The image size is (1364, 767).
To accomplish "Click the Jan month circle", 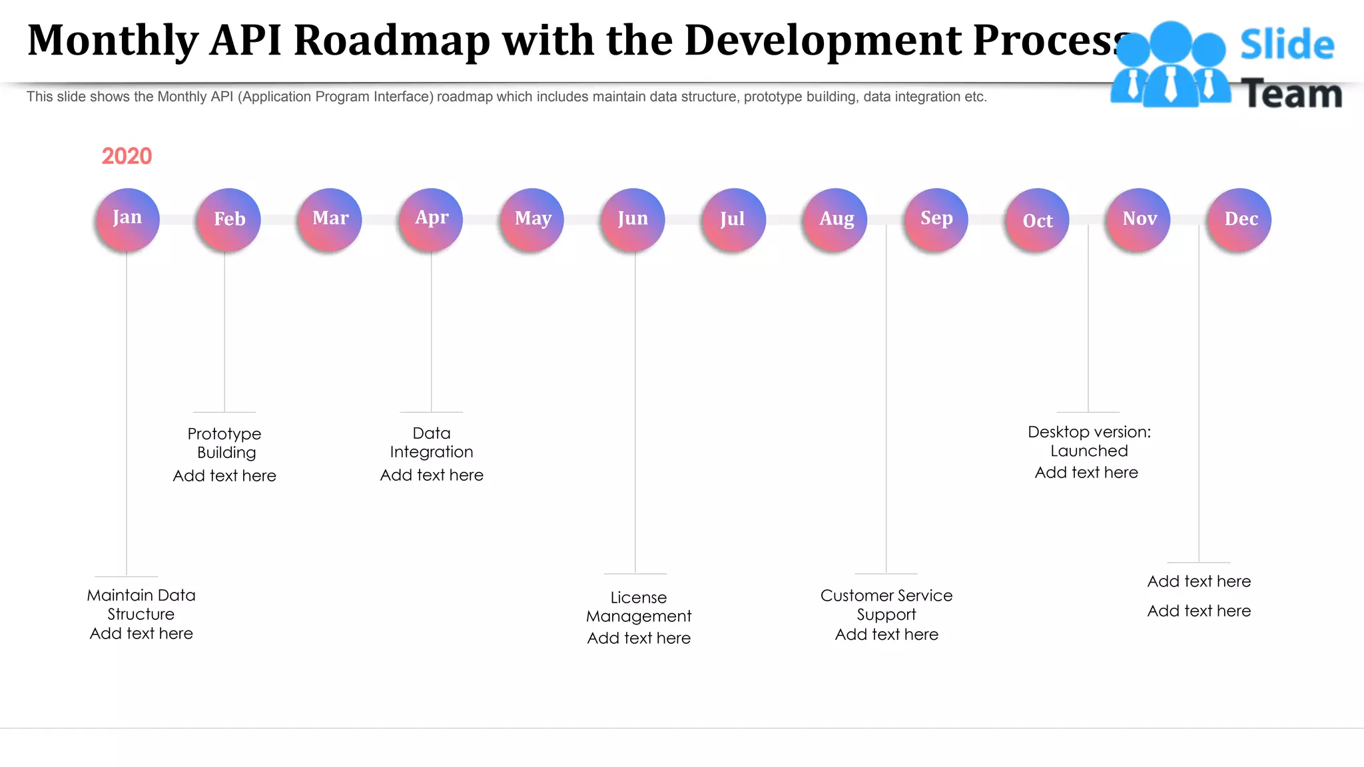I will [x=127, y=219].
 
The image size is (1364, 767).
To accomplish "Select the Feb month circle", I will [x=228, y=219].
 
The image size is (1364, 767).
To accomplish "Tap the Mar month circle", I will [x=330, y=219].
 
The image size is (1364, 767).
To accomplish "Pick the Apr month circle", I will [x=431, y=219].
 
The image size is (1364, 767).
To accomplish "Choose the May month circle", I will [x=532, y=219].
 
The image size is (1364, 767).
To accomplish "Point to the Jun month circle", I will [x=633, y=219].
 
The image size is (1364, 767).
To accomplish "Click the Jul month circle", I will [x=733, y=219].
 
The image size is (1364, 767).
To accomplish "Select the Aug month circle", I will [x=835, y=219].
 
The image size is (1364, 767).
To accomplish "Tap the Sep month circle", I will [x=936, y=219].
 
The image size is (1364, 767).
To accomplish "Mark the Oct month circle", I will [x=1037, y=220].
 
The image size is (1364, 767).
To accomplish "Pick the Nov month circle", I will [x=1138, y=219].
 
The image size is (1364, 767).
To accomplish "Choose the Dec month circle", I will [x=1239, y=219].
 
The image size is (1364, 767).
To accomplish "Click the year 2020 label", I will [x=127, y=156].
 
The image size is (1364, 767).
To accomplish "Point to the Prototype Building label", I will [x=225, y=443].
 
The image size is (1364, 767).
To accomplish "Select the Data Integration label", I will [x=432, y=442].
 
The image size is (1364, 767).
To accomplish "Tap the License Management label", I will [x=639, y=607].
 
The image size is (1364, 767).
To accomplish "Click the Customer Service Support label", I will [x=886, y=605].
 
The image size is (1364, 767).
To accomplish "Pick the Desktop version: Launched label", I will [x=1089, y=441].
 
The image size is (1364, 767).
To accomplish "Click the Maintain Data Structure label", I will [x=141, y=604].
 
